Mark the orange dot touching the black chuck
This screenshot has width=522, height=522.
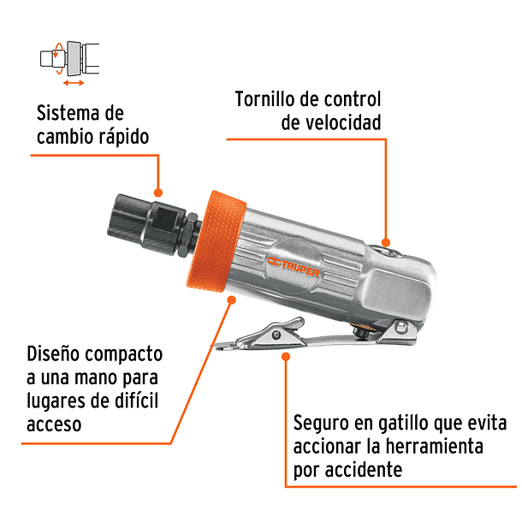pos(158,193)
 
